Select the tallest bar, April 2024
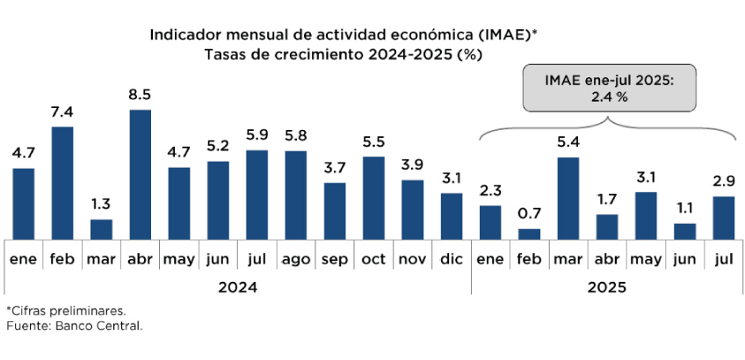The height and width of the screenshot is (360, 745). click(141, 174)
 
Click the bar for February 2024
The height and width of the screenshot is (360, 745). click(62, 183)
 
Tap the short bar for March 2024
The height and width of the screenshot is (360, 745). click(102, 228)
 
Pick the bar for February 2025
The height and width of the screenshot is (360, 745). click(530, 234)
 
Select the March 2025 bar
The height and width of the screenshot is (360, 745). click(568, 198)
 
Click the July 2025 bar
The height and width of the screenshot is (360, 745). click(724, 217)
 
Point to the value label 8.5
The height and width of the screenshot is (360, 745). click(141, 95)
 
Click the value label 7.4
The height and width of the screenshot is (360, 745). click(62, 112)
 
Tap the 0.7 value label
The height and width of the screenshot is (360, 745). click(530, 214)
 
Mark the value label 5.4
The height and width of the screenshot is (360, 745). click(568, 142)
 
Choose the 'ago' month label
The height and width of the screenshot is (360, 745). click(295, 261)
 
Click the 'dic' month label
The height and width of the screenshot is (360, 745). click(452, 261)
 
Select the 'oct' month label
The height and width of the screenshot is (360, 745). click(373, 261)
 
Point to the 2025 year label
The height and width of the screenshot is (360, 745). click(607, 286)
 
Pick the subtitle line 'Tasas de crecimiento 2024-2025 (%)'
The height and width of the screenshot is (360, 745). click(344, 54)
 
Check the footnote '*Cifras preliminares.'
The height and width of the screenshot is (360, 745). click(67, 311)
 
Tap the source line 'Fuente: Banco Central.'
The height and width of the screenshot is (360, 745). click(74, 326)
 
